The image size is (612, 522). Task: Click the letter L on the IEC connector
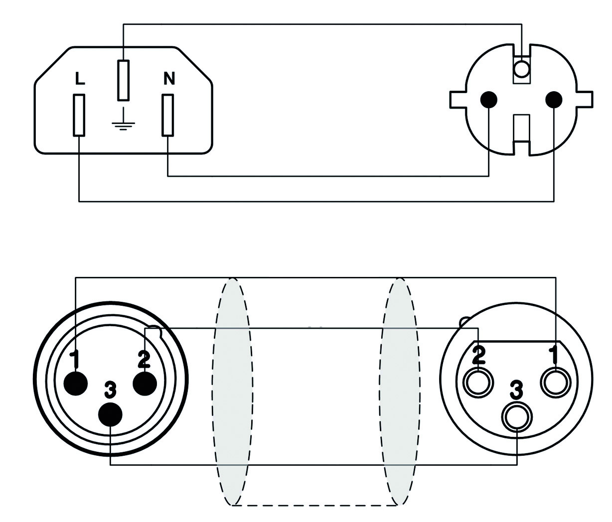coord(80,79)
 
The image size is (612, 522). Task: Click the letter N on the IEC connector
coord(169,78)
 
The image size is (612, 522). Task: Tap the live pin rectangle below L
coord(79,116)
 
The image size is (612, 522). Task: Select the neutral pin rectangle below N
coord(167,116)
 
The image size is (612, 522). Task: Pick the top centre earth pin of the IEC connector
coord(123,80)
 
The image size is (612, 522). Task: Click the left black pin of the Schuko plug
coord(488,100)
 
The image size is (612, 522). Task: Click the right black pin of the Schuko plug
coord(554,100)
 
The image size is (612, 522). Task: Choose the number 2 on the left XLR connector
coord(144,359)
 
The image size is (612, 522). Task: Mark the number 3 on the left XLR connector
coord(110,391)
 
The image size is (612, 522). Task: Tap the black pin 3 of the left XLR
coord(110,414)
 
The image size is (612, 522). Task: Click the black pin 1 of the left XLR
coord(76,384)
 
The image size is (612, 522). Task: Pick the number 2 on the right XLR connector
coord(479,356)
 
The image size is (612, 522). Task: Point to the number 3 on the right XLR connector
coord(517,391)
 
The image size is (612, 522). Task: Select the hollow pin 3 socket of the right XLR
coord(517,418)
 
